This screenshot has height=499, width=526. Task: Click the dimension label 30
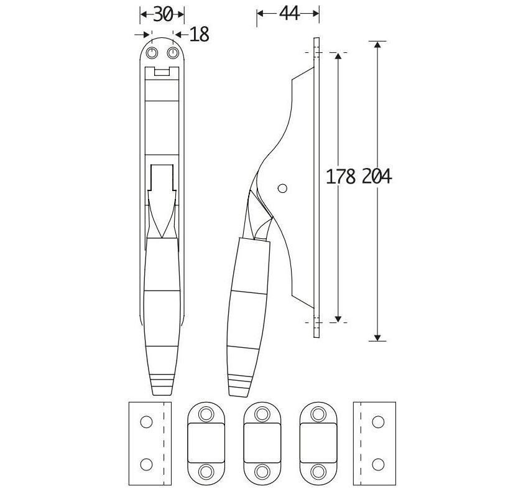[162, 14]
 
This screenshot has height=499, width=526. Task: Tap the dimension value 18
[198, 35]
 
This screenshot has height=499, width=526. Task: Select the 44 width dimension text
[288, 14]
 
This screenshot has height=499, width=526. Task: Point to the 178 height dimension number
[341, 177]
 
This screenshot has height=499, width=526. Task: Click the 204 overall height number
[376, 177]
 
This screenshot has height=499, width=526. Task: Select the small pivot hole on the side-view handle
[282, 187]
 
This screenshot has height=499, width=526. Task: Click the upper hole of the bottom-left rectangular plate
[145, 422]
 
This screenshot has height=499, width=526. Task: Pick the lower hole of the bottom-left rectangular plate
[145, 464]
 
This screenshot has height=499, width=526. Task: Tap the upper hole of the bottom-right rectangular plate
[377, 422]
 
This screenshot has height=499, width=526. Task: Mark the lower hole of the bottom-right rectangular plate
[377, 464]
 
